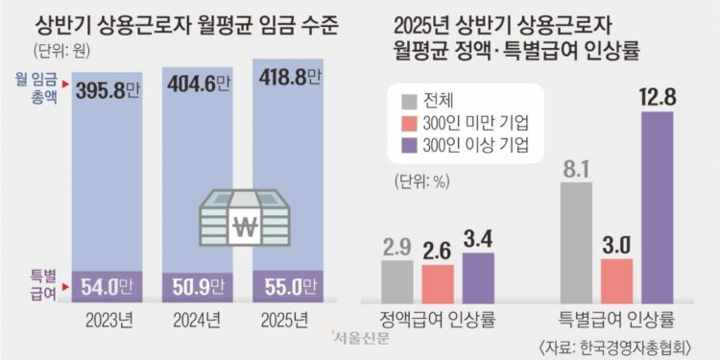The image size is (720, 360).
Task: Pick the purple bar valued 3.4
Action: pos(478,276)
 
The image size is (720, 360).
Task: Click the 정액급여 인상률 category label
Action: pos(437,320)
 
